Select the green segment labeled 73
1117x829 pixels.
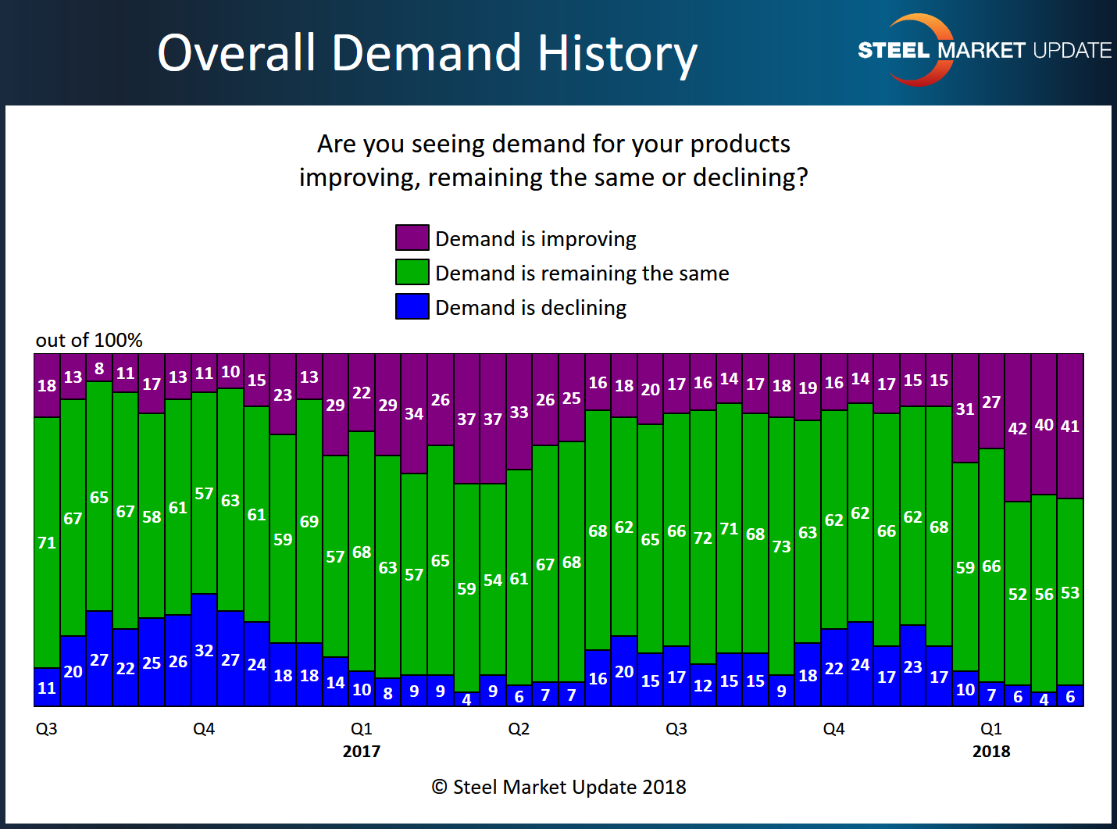point(781,546)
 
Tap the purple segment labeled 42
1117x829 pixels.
point(1017,428)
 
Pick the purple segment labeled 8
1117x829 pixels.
point(99,368)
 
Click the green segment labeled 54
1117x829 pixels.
point(493,580)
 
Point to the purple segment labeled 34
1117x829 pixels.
point(414,414)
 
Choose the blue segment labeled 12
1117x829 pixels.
point(703,685)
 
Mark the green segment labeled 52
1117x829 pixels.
point(1017,594)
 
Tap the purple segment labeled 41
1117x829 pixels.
point(1070,427)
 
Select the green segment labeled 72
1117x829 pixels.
point(703,538)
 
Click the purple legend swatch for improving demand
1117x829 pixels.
point(412,238)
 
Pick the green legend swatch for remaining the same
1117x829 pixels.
point(412,272)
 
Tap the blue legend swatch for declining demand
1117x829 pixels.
point(412,306)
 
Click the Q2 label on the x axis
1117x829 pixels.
point(519,729)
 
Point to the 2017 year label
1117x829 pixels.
point(361,752)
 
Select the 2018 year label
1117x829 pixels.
point(991,752)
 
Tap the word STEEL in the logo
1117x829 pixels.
point(894,51)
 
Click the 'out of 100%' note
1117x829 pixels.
point(89,340)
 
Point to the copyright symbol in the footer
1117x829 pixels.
point(439,787)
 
